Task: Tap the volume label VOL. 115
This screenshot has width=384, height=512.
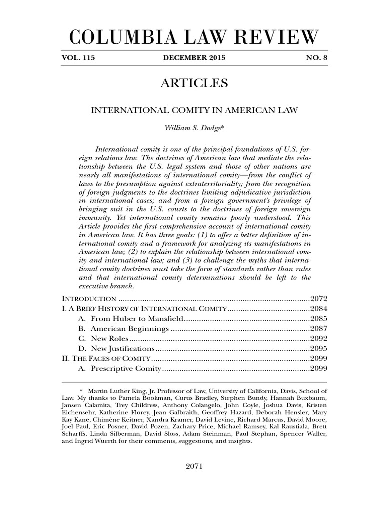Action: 78,58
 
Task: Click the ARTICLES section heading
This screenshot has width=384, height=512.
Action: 194,83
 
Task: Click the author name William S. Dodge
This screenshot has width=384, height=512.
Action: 193,128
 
